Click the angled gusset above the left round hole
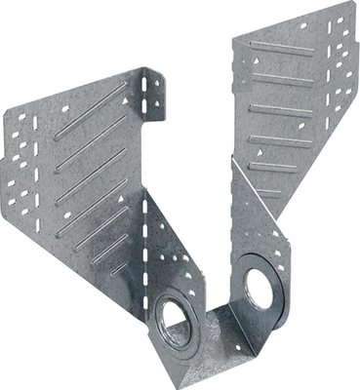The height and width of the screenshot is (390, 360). click(172, 253)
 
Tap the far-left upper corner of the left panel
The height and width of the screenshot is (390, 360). click(5, 122)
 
